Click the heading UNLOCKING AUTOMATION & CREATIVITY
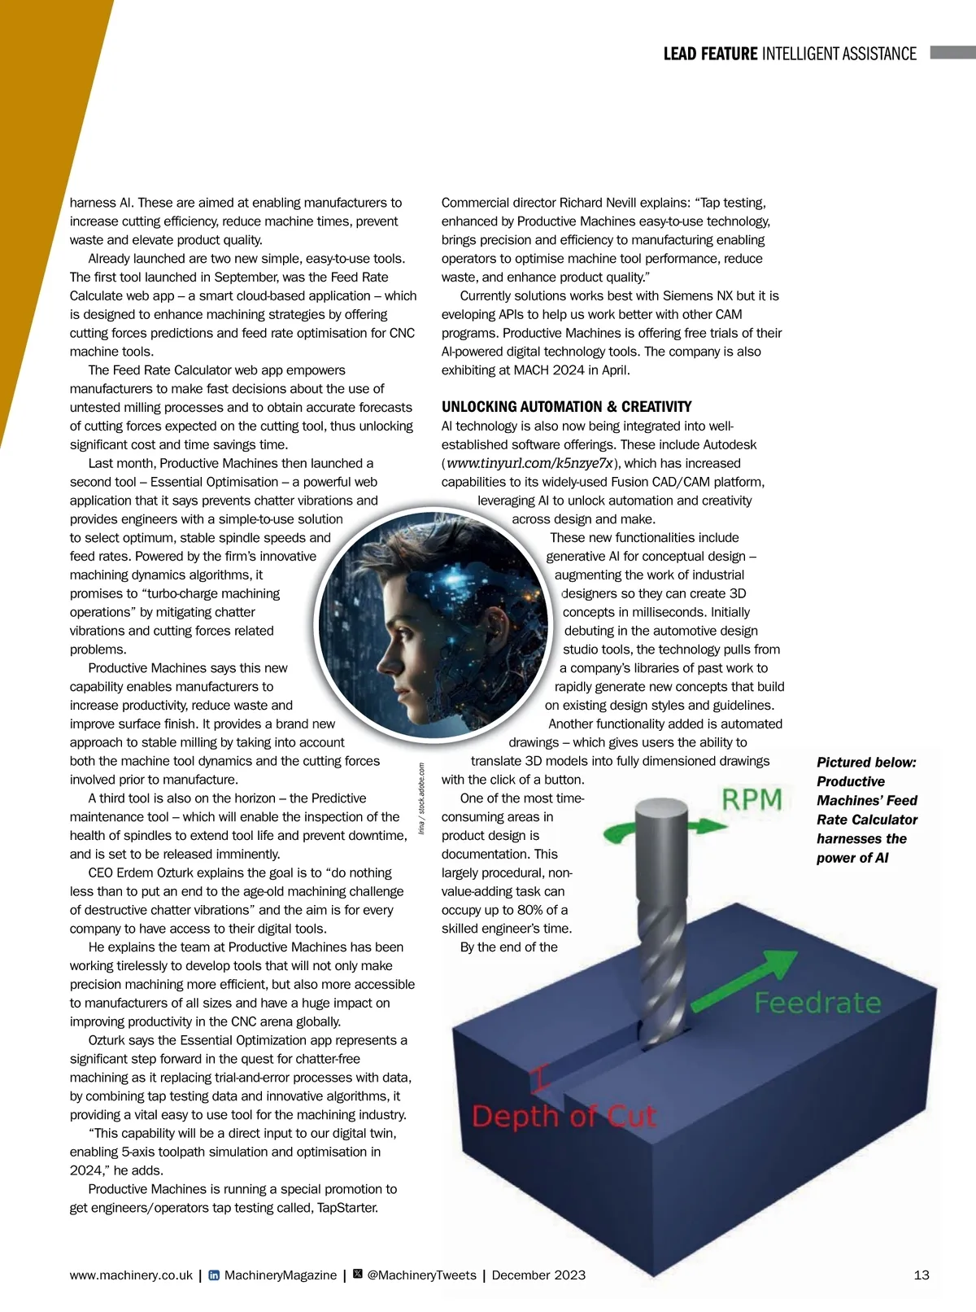click(566, 407)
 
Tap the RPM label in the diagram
click(752, 800)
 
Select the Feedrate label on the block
click(817, 1003)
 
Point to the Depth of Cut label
click(564, 1116)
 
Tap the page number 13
click(922, 1275)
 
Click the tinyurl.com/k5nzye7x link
click(529, 463)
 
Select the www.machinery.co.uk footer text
click(131, 1275)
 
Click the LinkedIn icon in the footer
click(214, 1275)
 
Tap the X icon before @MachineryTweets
click(358, 1275)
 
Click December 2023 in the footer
click(538, 1275)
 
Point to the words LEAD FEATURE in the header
click(710, 54)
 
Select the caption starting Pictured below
click(867, 810)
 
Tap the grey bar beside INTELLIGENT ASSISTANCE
click(952, 53)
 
